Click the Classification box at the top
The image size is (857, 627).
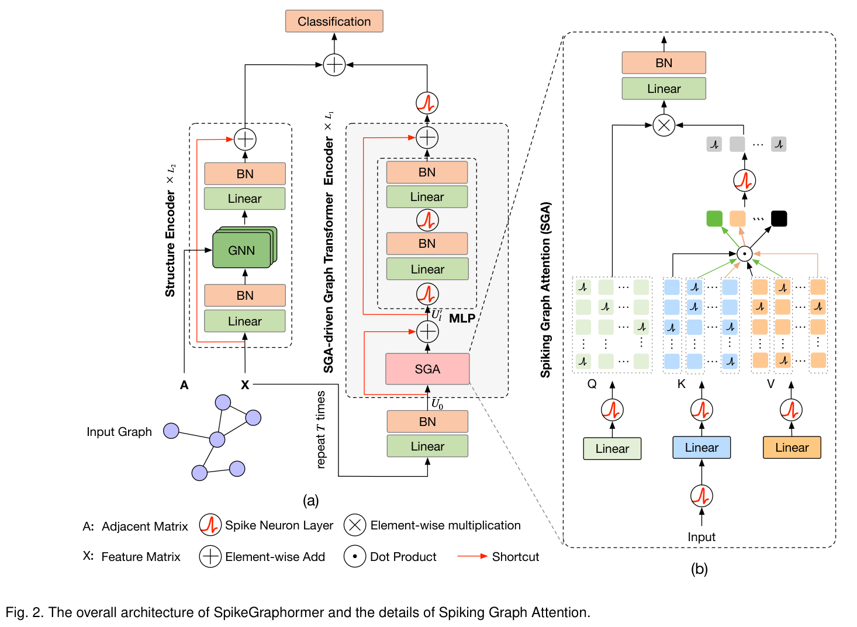pyautogui.click(x=334, y=22)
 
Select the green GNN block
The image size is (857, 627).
pyautogui.click(x=241, y=250)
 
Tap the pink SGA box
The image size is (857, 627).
pyautogui.click(x=427, y=369)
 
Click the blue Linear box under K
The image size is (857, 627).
pyautogui.click(x=702, y=448)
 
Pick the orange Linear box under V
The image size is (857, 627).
pyautogui.click(x=792, y=448)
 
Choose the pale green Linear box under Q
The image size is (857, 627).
pyautogui.click(x=612, y=449)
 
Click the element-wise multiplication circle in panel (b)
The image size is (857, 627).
pyautogui.click(x=664, y=125)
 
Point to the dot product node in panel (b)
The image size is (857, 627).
pyautogui.click(x=744, y=254)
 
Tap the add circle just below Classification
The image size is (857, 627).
pyautogui.click(x=334, y=65)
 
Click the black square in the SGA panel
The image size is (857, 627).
pyautogui.click(x=779, y=219)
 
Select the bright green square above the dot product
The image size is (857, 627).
pyautogui.click(x=714, y=219)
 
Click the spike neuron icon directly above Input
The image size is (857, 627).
pyautogui.click(x=702, y=496)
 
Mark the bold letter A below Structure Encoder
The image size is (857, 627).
pyautogui.click(x=184, y=385)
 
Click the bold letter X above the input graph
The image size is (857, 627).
pyautogui.click(x=245, y=385)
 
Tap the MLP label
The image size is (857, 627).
pyautogui.click(x=462, y=318)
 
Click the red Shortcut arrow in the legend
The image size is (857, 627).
pyautogui.click(x=472, y=556)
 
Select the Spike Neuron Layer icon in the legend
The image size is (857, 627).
pyautogui.click(x=210, y=525)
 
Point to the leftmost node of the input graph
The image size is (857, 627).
pyautogui.click(x=171, y=431)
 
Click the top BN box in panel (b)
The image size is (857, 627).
pyautogui.click(x=664, y=63)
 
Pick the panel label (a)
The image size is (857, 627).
pyautogui.click(x=310, y=500)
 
